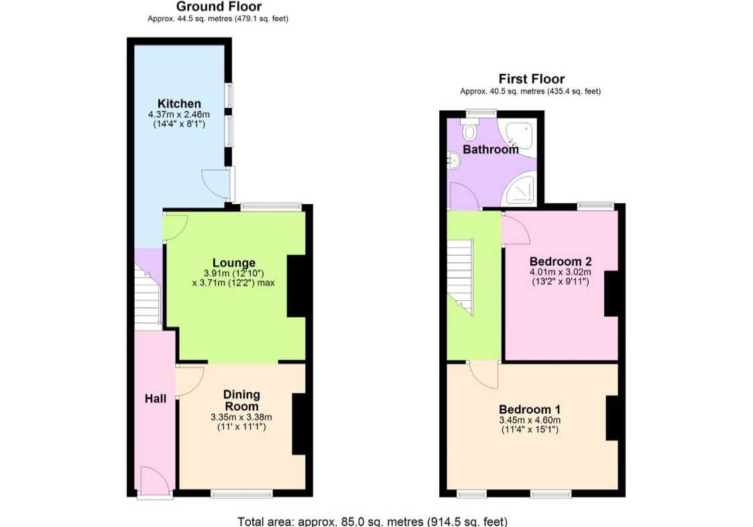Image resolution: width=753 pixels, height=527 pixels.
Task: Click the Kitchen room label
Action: [179, 103]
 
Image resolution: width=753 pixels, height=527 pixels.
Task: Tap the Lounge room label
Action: [234, 262]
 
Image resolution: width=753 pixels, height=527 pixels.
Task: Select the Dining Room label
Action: [241, 400]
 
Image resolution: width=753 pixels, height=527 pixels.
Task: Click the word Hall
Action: [156, 398]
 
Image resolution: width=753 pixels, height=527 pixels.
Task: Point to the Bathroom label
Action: [490, 149]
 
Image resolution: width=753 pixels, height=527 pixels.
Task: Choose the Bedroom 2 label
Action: [561, 261]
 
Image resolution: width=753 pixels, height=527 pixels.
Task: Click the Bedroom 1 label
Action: [530, 410]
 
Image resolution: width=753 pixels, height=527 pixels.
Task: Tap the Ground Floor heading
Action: [219, 6]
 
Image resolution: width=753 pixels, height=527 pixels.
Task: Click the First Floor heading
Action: [532, 79]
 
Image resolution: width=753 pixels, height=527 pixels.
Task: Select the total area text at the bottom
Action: [373, 521]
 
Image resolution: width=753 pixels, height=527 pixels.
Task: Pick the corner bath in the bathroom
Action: [517, 137]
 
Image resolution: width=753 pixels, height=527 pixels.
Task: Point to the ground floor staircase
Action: [146, 297]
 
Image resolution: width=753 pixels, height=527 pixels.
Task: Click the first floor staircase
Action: [460, 277]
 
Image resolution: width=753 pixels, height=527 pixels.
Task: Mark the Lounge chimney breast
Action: [296, 285]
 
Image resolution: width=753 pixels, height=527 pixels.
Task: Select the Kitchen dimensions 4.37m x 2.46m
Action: [179, 114]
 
